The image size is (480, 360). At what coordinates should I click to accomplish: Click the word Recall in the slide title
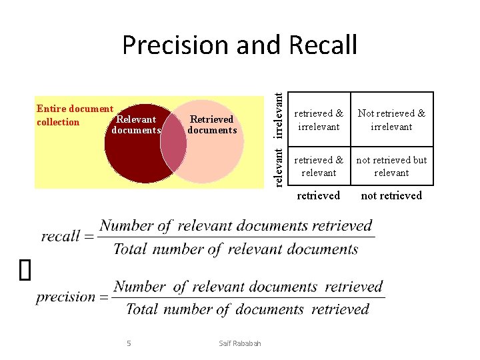tap(323, 45)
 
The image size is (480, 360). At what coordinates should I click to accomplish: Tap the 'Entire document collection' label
tap(74, 115)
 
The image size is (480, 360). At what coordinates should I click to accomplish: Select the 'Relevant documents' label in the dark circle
tap(136, 125)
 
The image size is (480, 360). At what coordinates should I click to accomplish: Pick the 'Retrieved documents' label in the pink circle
tap(212, 125)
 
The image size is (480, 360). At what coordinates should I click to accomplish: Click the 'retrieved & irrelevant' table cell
tap(319, 120)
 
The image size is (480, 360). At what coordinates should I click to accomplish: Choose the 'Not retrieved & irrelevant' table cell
tap(391, 120)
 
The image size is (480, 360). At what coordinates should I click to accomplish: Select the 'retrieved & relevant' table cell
tap(319, 166)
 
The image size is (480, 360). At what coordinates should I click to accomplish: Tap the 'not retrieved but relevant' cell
tap(391, 166)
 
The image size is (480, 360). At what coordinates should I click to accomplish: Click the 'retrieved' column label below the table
tap(318, 195)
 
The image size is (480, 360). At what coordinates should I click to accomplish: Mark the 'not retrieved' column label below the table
tap(391, 195)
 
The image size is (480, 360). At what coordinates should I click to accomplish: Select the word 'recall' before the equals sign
tap(60, 237)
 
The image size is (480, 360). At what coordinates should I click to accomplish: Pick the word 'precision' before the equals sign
tap(66, 297)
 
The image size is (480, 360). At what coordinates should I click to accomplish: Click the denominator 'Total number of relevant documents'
tap(235, 249)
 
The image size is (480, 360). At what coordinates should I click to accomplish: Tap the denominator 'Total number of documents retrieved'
tap(247, 309)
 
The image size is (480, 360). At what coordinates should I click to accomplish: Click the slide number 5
tap(129, 343)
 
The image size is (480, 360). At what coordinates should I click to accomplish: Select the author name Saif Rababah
tap(240, 343)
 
